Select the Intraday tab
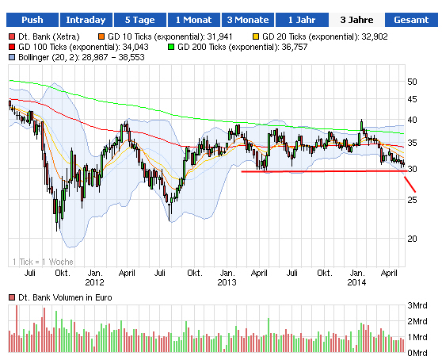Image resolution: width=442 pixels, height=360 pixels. pyautogui.click(x=85, y=20)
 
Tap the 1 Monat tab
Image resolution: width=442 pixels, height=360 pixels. pyautogui.click(x=193, y=20)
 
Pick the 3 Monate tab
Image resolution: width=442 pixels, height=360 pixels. pyautogui.click(x=247, y=20)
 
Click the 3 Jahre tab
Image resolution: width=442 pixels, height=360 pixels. pyautogui.click(x=356, y=20)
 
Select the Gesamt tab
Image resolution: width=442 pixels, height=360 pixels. pyautogui.click(x=411, y=20)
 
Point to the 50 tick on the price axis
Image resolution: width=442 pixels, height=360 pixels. pyautogui.click(x=412, y=82)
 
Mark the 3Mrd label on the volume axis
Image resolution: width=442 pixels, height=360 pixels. pyautogui.click(x=417, y=306)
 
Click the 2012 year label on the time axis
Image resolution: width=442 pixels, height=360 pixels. pyautogui.click(x=94, y=281)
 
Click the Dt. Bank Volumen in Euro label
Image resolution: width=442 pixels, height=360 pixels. pyautogui.click(x=63, y=297)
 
